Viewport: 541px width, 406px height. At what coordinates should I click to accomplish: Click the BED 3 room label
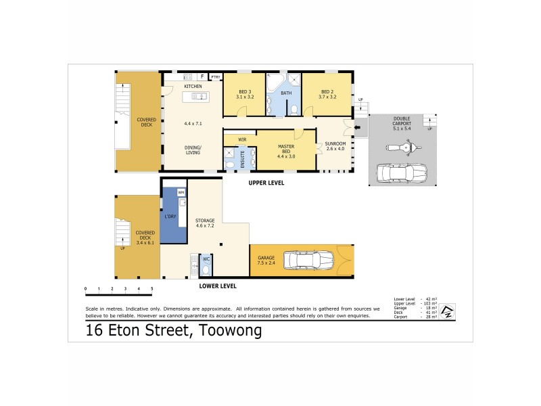pos(244,94)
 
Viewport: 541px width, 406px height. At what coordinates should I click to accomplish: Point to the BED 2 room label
pos(327,94)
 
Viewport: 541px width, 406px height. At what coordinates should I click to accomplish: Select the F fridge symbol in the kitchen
pos(202,76)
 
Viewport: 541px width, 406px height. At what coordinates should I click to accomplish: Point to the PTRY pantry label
pos(216,78)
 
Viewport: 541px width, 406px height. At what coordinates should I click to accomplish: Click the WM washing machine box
pos(181,192)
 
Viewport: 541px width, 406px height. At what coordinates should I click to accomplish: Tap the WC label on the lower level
pos(207,259)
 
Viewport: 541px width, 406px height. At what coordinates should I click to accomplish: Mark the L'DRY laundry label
pos(170,217)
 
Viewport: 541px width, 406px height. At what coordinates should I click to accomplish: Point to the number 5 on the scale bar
pos(152,289)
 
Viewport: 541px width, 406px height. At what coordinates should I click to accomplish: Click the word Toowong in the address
pos(229,331)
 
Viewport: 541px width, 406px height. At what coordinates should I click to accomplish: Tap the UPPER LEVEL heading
pos(266,183)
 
